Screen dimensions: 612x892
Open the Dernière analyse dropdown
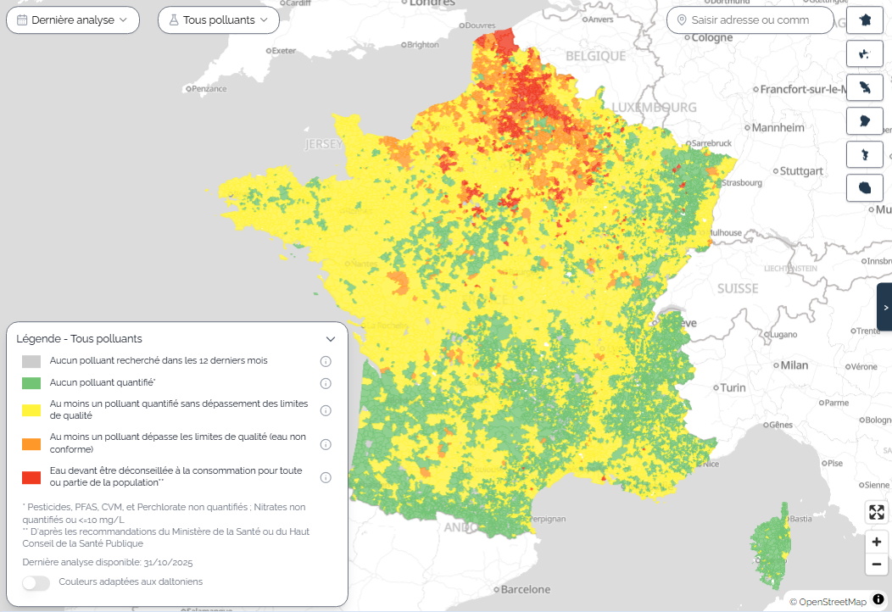pos(73,19)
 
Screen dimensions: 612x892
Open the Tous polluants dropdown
pos(219,19)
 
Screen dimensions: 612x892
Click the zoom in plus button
pos(877,541)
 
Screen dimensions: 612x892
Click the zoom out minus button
pos(877,564)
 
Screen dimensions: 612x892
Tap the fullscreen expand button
pos(877,512)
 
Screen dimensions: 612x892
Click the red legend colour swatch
pos(31,477)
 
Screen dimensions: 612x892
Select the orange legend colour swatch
pos(31,443)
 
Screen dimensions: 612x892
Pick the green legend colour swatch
pos(31,382)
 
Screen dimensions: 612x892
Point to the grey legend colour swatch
pos(31,361)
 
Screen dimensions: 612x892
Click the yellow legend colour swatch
pos(31,410)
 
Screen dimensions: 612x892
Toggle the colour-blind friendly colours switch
pos(35,582)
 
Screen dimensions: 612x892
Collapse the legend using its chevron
pos(331,339)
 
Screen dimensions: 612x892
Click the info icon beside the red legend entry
pos(325,478)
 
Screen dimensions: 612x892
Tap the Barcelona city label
pos(525,589)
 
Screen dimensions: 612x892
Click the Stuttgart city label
pos(801,171)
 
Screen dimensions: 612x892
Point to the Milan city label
pos(794,365)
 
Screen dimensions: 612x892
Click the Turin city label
pos(733,387)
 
